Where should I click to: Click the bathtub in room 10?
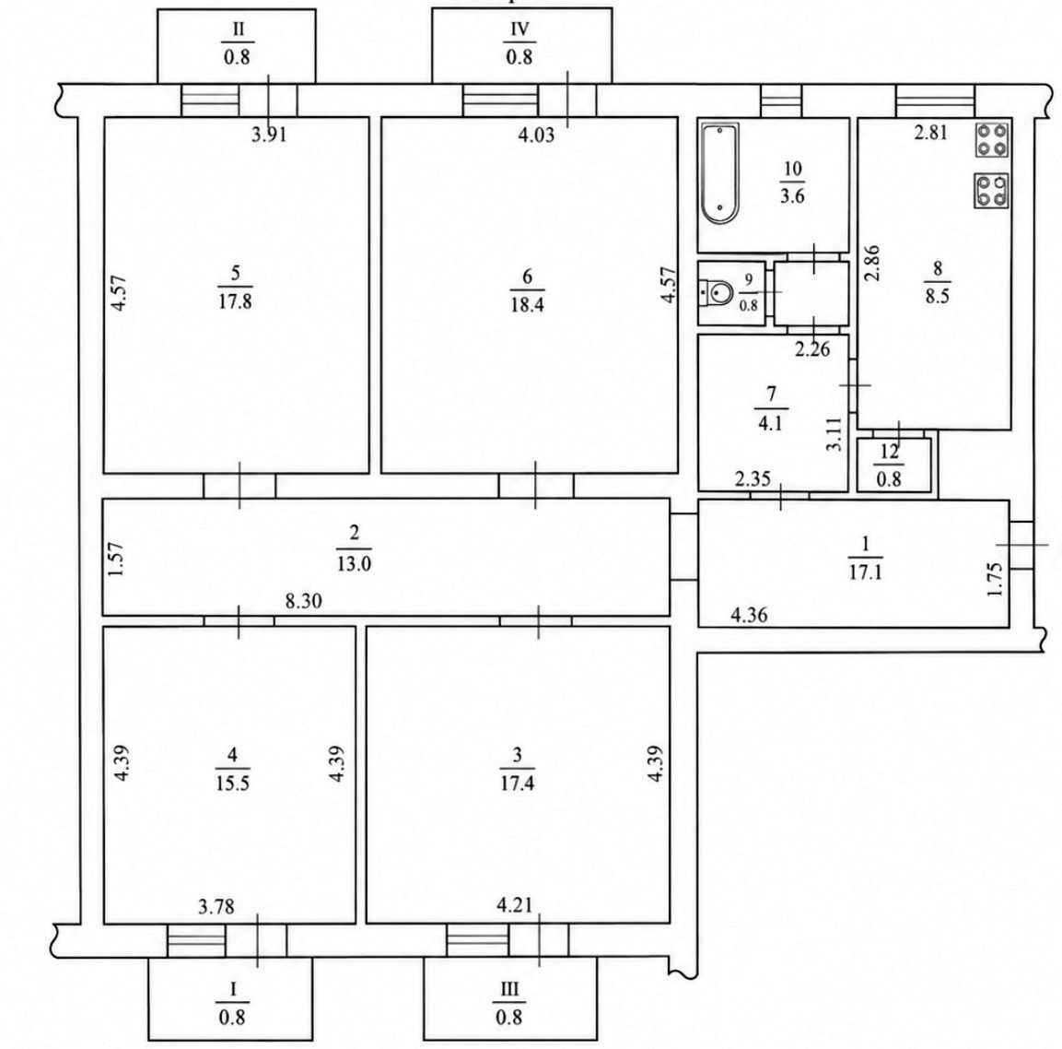(719, 173)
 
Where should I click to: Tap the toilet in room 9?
(716, 293)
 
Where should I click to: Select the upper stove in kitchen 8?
(992, 140)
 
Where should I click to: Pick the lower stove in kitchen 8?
(992, 191)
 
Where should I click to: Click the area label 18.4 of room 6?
(527, 304)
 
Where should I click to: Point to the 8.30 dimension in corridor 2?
(303, 601)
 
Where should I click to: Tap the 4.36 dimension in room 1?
(749, 616)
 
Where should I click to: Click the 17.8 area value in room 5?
(235, 301)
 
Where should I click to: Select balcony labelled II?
(237, 46)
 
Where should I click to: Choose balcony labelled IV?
(521, 46)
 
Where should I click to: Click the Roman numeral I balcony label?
(233, 989)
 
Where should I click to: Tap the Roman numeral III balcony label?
(508, 989)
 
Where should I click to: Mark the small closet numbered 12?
(894, 465)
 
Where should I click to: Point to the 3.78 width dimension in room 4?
(216, 906)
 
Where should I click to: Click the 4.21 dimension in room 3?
(515, 904)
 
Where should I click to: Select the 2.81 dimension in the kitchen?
(930, 132)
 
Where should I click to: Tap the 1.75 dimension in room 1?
(994, 580)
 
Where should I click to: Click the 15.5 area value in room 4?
(232, 784)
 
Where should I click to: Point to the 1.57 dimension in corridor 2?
(116, 559)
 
